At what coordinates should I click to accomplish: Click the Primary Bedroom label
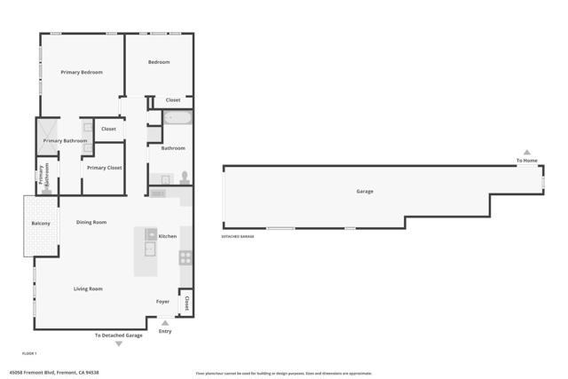82,72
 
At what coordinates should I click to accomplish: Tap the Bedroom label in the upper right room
159,62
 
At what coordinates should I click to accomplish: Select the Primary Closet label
104,168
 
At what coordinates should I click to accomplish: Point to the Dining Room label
91,222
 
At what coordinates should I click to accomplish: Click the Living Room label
88,288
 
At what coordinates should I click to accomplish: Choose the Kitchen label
168,236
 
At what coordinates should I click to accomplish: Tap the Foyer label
163,302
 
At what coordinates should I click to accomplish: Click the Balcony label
41,223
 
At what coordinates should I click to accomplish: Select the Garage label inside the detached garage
365,192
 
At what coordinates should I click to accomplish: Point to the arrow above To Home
526,153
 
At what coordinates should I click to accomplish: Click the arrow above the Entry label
165,323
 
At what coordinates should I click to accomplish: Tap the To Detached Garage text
119,336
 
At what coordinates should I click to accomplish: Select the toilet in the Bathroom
185,177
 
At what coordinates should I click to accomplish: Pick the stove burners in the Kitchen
185,258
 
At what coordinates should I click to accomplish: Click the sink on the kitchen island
150,249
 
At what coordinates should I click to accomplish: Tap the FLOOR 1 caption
30,354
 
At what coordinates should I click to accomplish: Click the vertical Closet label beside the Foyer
187,303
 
